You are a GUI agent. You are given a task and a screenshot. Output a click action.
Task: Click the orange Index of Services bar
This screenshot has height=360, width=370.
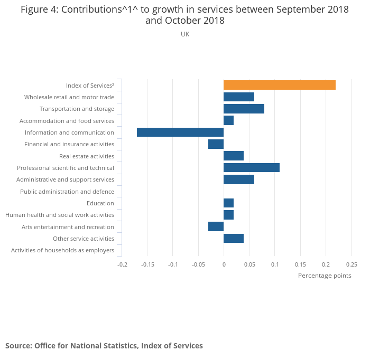(x=279, y=85)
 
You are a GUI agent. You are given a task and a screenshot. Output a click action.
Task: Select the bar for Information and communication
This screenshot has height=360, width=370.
(x=180, y=132)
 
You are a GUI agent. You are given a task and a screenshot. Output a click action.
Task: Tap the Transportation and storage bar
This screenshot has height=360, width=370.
(x=244, y=109)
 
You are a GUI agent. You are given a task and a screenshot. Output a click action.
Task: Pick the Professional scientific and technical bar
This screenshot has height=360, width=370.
(x=251, y=168)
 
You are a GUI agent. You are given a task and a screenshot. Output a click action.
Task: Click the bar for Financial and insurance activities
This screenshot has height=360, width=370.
(x=216, y=144)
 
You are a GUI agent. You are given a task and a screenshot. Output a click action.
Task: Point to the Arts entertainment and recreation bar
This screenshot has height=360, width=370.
(x=216, y=226)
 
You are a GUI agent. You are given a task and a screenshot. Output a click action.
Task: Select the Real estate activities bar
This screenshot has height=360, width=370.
(x=234, y=156)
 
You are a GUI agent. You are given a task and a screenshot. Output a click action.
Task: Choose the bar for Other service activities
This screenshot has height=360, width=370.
(x=234, y=239)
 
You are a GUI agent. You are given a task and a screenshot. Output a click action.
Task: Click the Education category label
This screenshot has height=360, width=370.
(x=100, y=203)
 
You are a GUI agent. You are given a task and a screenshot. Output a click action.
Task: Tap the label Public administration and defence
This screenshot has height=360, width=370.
(x=67, y=192)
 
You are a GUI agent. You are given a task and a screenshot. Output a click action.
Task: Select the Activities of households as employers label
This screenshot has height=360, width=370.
(x=62, y=250)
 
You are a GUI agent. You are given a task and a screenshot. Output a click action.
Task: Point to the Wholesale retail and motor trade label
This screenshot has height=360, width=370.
(x=69, y=97)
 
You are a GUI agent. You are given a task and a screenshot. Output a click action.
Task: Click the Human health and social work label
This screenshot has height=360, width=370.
(x=60, y=215)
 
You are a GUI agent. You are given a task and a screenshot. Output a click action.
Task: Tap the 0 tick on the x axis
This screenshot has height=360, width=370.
(x=224, y=264)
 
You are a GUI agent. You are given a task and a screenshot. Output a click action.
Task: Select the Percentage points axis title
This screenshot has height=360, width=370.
(x=325, y=276)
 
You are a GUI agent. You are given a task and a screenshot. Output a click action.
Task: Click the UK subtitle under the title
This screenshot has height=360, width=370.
(x=185, y=34)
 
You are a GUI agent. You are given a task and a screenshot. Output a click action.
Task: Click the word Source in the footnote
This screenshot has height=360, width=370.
(x=18, y=346)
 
